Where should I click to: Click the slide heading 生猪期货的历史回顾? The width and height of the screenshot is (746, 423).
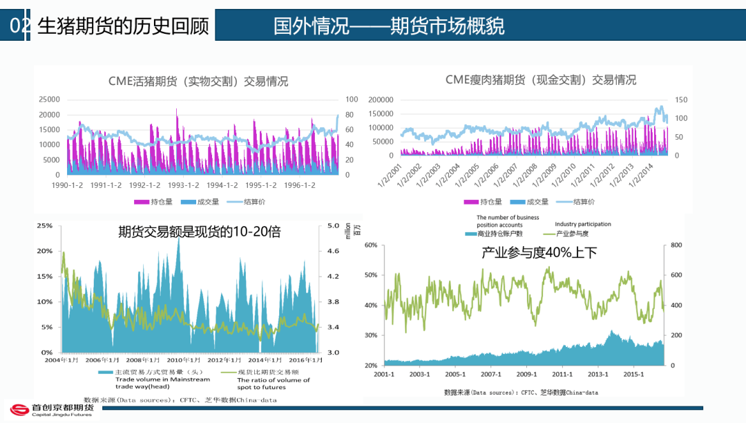[122, 26]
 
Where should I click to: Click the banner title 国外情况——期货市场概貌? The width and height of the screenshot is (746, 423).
[389, 26]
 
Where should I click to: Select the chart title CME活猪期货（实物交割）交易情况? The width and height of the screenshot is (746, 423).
[198, 81]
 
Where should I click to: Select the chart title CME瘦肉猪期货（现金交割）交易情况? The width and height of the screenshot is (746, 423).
[541, 79]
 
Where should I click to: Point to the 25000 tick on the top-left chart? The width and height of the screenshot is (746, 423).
[48, 100]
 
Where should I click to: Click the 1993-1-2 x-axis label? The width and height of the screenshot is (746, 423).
[183, 185]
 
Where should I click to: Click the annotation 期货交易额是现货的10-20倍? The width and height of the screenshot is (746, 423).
[200, 232]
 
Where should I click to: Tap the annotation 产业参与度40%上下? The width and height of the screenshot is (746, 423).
[539, 252]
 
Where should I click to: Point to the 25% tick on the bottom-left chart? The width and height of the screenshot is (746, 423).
[44, 225]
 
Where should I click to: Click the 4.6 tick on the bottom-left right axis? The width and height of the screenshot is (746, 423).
[333, 251]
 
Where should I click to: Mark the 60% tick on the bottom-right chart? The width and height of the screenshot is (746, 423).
[371, 245]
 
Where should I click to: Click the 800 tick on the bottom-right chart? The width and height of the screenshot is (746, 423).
[676, 245]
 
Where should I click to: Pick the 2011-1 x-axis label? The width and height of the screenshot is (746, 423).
[562, 375]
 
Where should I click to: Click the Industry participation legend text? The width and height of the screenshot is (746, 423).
[583, 224]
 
